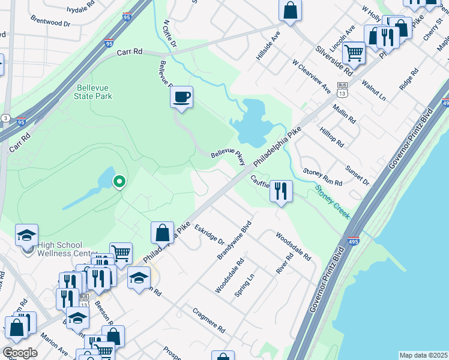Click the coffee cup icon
point(181,97)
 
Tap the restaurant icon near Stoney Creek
point(281,191)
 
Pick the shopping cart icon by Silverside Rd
point(354,53)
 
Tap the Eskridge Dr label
point(209,234)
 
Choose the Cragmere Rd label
point(208,321)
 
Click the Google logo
point(20,352)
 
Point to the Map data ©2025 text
point(423,355)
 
